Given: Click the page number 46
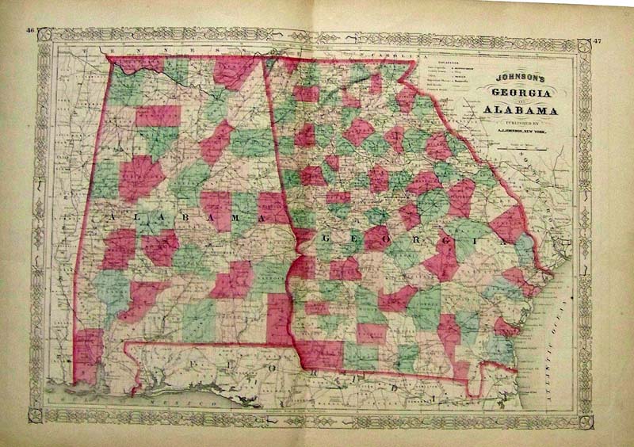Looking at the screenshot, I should [x=31, y=31].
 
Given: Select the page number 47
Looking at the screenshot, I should [x=597, y=37].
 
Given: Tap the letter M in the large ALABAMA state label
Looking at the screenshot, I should [x=237, y=218].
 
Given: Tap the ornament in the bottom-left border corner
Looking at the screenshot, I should [x=36, y=415].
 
